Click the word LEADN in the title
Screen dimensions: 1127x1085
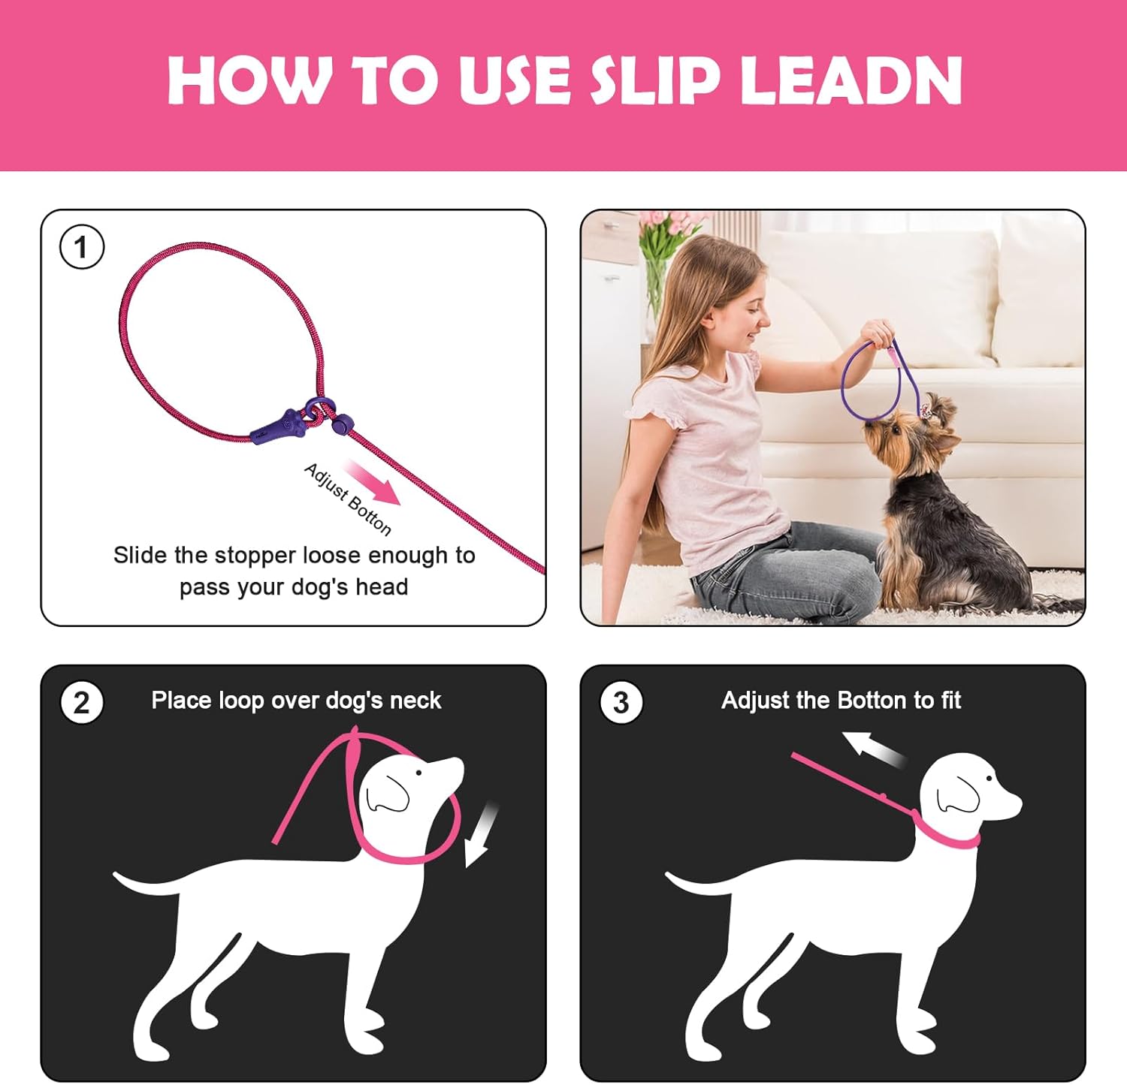(851, 80)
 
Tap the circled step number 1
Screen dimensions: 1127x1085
(81, 247)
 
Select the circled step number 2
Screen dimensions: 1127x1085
(81, 703)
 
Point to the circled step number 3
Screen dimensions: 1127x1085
(621, 703)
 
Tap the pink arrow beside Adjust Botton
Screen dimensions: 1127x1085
(372, 483)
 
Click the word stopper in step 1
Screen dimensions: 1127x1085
(266, 556)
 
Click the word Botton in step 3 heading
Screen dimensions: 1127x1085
(872, 701)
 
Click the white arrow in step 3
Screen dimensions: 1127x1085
(875, 749)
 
